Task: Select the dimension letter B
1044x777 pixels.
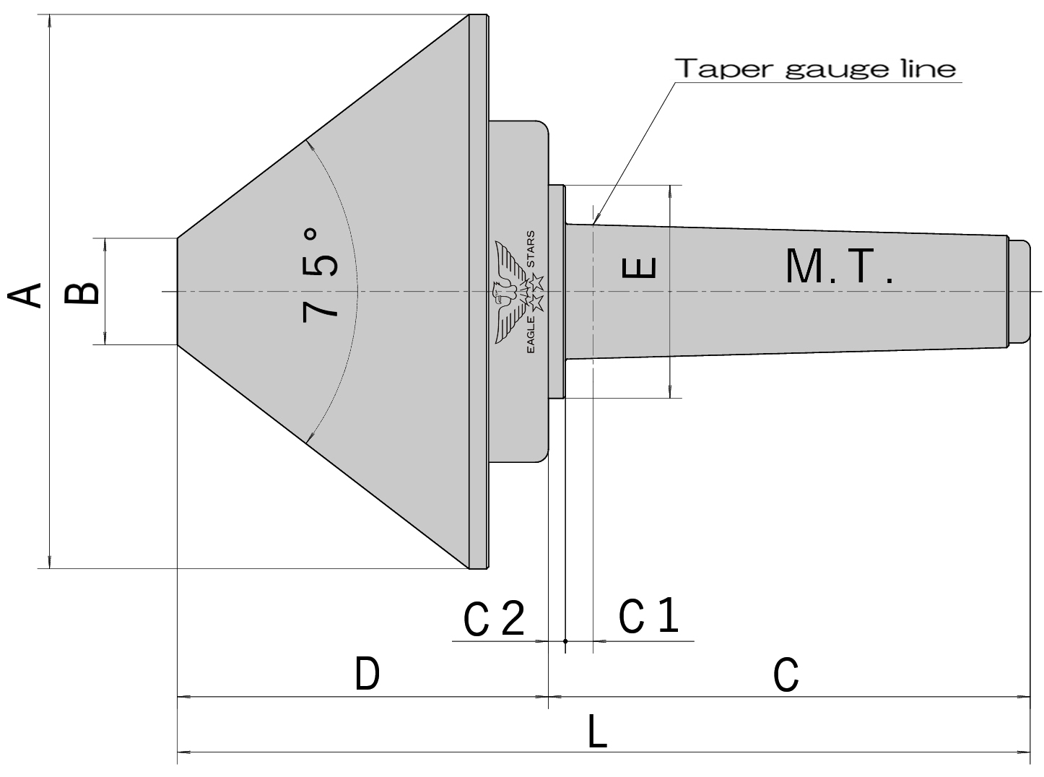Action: tap(82, 293)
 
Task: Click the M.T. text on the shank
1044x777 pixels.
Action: tap(839, 267)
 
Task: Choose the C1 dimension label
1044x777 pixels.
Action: tap(648, 616)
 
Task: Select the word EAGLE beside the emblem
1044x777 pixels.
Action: tap(531, 334)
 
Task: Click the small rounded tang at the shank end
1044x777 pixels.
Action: tap(1019, 292)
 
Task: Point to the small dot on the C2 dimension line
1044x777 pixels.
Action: tap(565, 641)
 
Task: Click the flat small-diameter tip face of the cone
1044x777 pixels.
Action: tap(178, 291)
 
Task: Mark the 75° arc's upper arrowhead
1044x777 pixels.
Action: tap(308, 142)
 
